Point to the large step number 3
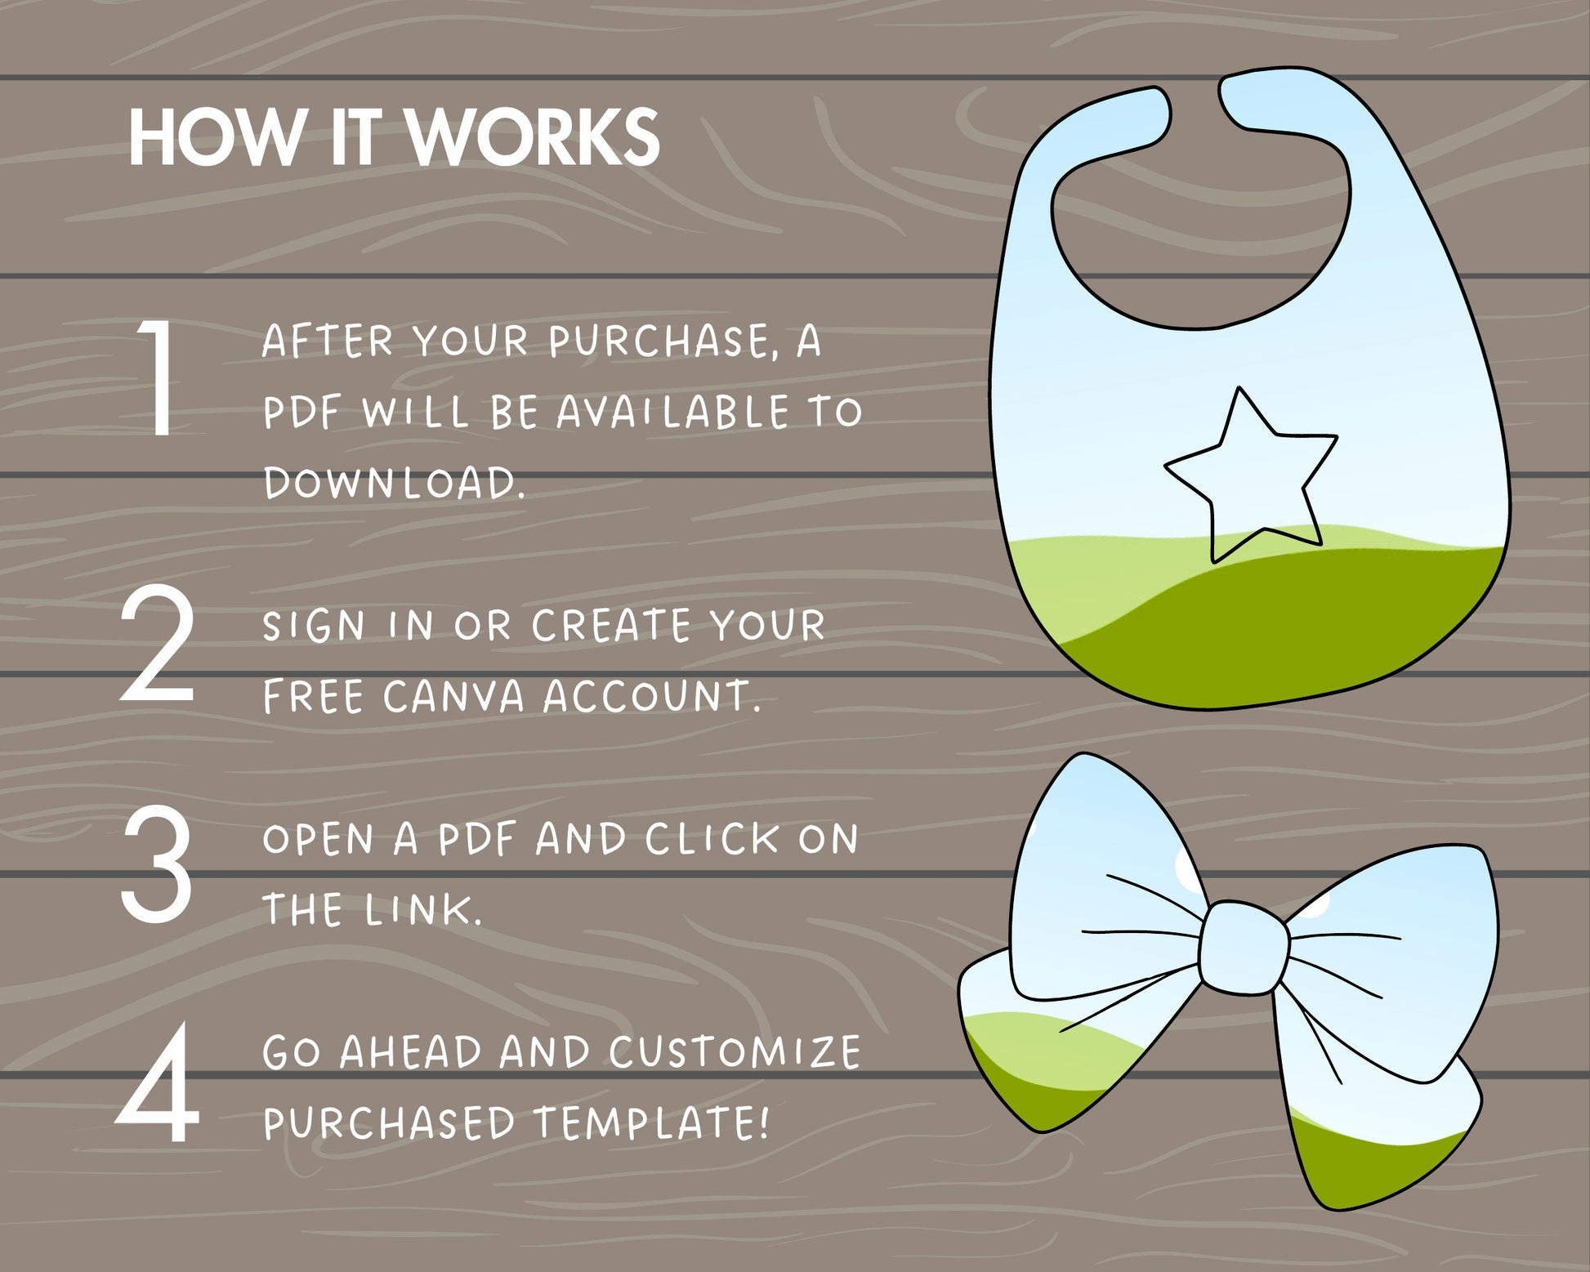157,864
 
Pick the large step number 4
158,1083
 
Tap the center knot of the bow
1244,948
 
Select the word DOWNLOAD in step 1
391,482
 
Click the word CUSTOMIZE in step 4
735,1052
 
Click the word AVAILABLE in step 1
673,412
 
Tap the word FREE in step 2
313,696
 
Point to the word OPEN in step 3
319,839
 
